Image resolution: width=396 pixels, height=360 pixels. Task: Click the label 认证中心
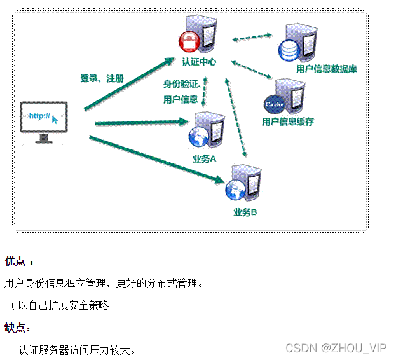tap(199, 62)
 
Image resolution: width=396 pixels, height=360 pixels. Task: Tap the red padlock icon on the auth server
tap(189, 43)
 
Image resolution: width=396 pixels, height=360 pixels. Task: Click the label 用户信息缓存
tap(288, 121)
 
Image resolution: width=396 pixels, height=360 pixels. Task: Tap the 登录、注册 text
tap(102, 78)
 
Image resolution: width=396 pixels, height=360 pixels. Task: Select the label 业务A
tap(205, 159)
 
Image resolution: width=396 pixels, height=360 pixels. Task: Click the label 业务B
tap(245, 212)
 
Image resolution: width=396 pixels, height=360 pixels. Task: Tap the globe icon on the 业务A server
tap(196, 135)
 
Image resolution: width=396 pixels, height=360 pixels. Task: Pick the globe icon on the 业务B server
tap(233, 188)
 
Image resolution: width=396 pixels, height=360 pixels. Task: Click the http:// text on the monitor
tap(40, 116)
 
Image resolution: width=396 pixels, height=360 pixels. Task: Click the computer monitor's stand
tap(44, 137)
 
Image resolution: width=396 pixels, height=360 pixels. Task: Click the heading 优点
tap(15, 261)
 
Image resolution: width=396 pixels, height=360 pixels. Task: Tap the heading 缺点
tap(15, 328)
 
